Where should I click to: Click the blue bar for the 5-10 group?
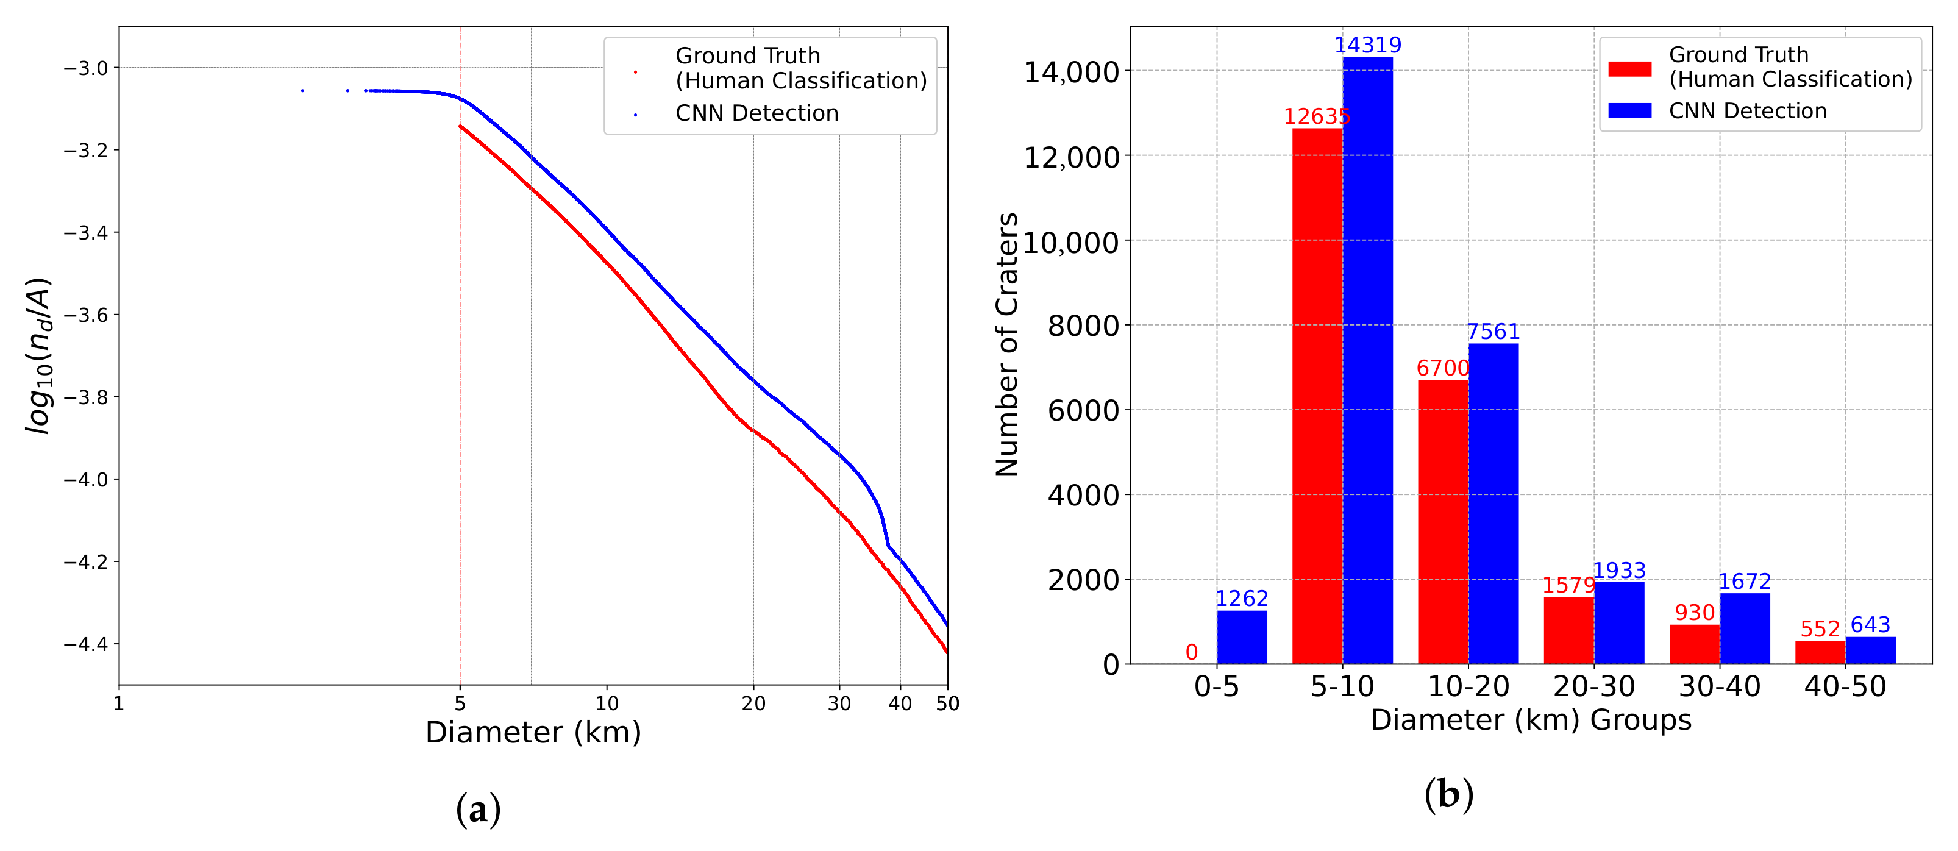point(1367,360)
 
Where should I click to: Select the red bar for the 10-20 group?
point(1443,522)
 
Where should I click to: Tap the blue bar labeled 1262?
point(1241,638)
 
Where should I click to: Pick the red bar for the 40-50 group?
point(1820,653)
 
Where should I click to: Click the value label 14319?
point(1367,45)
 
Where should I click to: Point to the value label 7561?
point(1493,332)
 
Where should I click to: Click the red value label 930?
point(1694,613)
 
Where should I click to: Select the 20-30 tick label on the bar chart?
point(1594,687)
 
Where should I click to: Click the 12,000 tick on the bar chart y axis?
point(1071,158)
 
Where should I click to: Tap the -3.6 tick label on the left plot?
point(86,315)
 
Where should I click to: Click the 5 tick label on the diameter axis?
point(460,703)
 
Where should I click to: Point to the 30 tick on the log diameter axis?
point(839,703)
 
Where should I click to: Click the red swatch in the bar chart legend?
point(1629,69)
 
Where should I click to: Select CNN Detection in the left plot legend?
point(756,113)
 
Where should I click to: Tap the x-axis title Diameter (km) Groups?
point(1530,719)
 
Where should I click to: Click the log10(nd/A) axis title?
point(38,355)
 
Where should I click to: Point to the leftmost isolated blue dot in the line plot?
point(302,90)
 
